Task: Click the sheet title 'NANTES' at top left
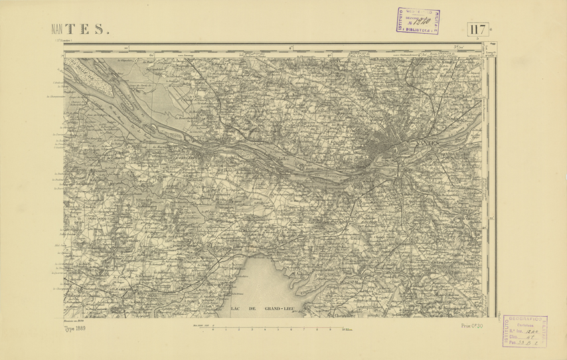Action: point(80,29)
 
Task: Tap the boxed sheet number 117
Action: point(477,29)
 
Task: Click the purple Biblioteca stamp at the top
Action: point(418,21)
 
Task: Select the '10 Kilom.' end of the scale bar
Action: point(347,329)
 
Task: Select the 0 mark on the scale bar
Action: point(212,329)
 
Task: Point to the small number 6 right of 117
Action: point(492,27)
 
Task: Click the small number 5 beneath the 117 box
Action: point(477,40)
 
